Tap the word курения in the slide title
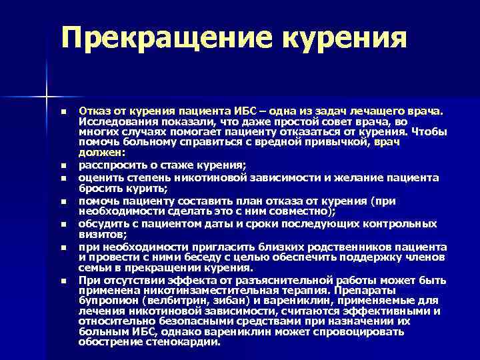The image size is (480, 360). (344, 37)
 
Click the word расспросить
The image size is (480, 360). (109, 164)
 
